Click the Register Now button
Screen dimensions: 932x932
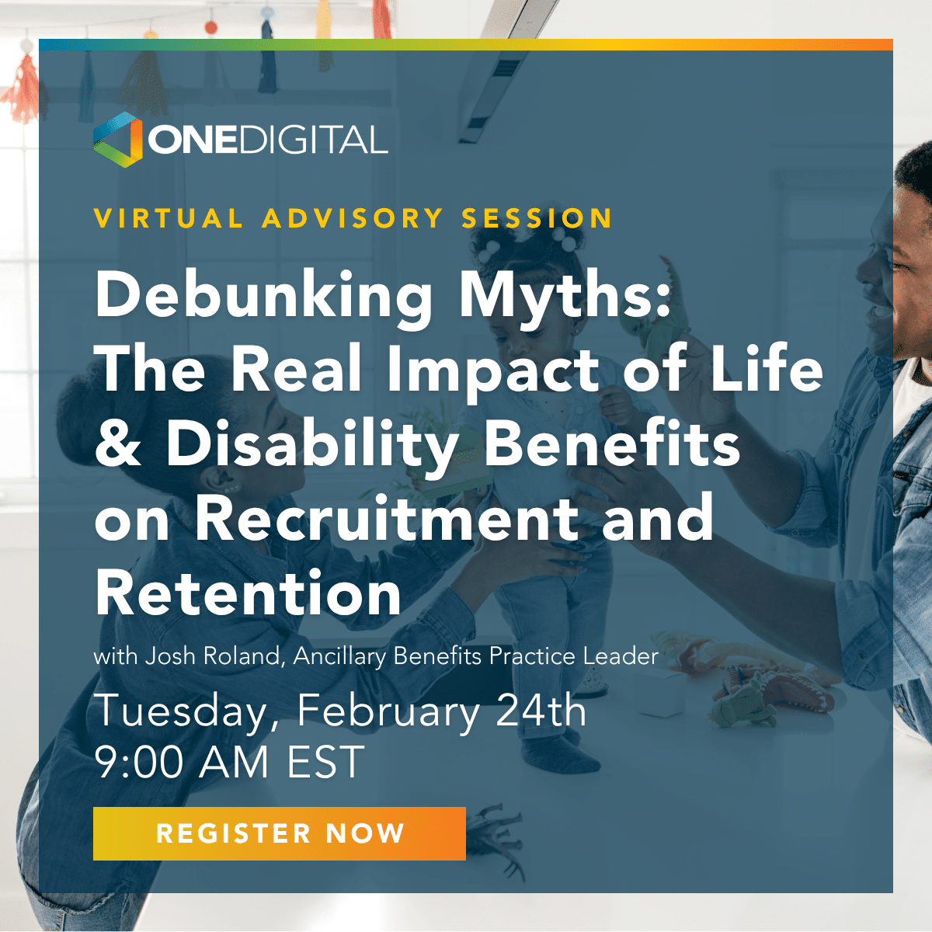[x=279, y=833]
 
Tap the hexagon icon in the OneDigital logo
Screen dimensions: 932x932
[x=117, y=140]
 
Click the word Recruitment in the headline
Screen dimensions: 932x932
[x=387, y=518]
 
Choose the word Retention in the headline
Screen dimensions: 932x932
[x=249, y=593]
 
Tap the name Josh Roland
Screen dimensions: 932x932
[x=213, y=657]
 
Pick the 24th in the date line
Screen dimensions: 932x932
[x=541, y=711]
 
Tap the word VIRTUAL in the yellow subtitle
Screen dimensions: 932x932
[x=169, y=218]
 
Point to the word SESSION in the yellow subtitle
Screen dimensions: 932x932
[x=537, y=218]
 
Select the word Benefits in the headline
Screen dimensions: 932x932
[x=612, y=443]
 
